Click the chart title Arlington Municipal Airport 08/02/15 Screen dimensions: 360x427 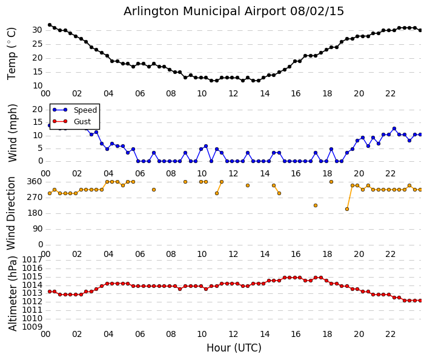click(234, 12)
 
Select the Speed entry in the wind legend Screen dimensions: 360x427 click(85, 110)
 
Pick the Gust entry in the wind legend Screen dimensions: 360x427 click(82, 122)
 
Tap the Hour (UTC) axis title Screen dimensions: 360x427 click(234, 348)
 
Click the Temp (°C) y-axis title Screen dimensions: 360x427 click(12, 53)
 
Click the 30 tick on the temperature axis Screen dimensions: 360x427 click(37, 30)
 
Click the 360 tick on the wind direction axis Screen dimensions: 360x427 click(35, 181)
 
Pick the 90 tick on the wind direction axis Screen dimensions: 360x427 click(37, 229)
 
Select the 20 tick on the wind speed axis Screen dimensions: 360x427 click(37, 109)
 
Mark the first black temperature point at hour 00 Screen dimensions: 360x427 click(50, 25)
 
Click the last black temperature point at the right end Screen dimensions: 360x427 click(420, 30)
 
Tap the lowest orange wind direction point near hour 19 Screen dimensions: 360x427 click(347, 209)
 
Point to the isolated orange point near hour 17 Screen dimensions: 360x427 click(316, 205)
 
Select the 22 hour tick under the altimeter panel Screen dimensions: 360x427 click(391, 334)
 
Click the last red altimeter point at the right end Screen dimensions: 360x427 click(420, 300)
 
